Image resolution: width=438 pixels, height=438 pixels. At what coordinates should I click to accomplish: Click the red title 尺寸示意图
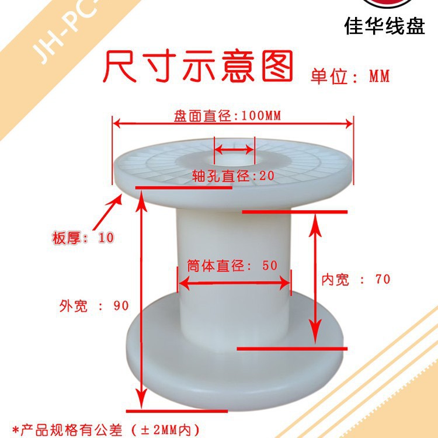pos(198,66)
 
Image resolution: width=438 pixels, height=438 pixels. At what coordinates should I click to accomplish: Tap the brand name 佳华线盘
pos(385,26)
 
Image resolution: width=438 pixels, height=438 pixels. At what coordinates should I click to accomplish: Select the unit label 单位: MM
pos(350,76)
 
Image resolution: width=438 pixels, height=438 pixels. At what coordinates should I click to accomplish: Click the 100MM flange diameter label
pos(227,116)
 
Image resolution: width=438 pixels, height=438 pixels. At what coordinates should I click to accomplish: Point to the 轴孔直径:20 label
pos(233,176)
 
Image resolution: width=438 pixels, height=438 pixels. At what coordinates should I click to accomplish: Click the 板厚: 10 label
pos(83,238)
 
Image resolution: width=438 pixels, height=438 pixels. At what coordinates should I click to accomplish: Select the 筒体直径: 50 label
pos(232,265)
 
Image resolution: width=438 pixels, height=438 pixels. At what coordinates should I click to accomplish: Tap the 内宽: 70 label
pos(356,279)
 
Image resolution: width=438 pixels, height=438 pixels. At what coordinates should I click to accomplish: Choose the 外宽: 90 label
pos(94,305)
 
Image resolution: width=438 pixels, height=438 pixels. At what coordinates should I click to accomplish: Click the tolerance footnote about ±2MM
pos(106,430)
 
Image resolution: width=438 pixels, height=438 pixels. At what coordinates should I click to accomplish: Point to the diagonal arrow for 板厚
pos(107,212)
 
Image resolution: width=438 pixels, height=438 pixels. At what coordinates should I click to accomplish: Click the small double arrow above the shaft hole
pos(234,150)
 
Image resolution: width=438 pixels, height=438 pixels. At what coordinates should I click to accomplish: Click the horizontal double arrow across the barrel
pos(234,284)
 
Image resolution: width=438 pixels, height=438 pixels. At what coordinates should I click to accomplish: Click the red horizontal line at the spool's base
pos(177,411)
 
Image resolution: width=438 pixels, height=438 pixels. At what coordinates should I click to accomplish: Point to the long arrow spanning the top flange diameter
pos(233,123)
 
